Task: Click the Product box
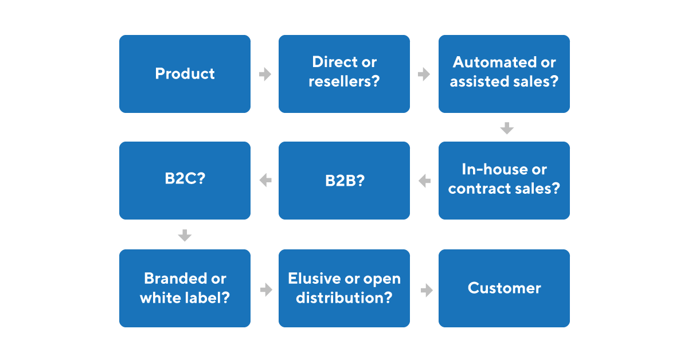(185, 74)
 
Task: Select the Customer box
(504, 288)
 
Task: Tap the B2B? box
(344, 181)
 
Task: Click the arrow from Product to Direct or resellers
(265, 75)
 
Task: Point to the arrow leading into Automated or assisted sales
(424, 75)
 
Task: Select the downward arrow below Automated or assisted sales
(506, 128)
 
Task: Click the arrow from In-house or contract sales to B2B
(424, 181)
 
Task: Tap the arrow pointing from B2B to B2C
(265, 181)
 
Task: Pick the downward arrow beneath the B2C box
(185, 235)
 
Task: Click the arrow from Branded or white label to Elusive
(265, 290)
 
